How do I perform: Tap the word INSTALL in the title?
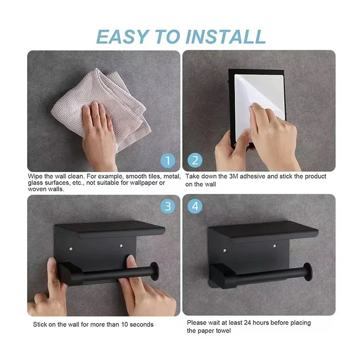226,37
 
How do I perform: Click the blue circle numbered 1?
168,161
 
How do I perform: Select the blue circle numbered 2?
195,160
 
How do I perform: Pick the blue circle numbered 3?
168,206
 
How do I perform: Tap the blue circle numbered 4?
195,206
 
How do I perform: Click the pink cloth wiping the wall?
101,106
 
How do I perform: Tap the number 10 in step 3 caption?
125,324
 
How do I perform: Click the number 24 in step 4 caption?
247,323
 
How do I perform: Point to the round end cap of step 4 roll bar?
307,272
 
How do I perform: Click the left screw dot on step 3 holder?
71,249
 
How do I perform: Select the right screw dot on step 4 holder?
275,246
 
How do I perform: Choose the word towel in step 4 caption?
222,331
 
